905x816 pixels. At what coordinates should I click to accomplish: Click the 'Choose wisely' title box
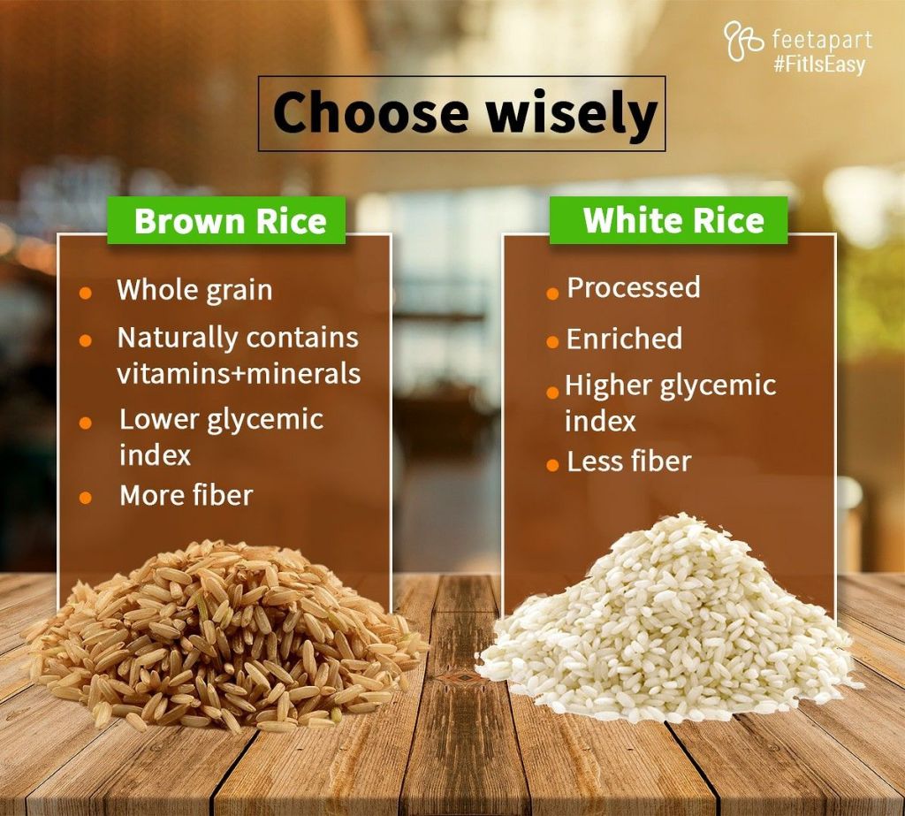[461, 113]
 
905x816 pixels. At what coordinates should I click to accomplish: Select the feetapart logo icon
[743, 42]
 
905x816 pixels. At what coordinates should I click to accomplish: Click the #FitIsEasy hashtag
[818, 65]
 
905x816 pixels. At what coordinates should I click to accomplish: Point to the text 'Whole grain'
[194, 290]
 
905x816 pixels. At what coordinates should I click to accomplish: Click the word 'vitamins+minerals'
[239, 373]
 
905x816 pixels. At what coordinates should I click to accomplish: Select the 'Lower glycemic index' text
[221, 436]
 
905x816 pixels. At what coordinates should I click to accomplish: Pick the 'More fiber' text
[186, 495]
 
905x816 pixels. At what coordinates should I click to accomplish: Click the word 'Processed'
[633, 287]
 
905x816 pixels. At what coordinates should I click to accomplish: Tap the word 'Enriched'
[624, 339]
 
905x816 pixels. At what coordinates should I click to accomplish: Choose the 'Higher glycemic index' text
[669, 402]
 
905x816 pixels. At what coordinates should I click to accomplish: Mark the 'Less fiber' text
[628, 461]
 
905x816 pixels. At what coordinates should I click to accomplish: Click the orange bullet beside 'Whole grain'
[86, 293]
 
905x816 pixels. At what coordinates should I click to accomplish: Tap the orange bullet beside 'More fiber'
[86, 497]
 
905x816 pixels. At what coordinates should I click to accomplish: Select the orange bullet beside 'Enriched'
[552, 342]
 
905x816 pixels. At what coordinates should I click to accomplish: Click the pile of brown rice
[225, 637]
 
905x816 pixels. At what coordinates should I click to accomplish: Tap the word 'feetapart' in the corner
[821, 40]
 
